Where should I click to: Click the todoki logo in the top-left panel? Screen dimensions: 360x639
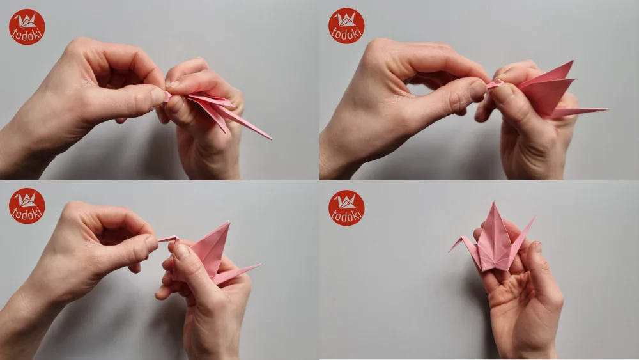coord(27,27)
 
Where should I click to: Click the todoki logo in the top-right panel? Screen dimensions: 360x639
coord(346,26)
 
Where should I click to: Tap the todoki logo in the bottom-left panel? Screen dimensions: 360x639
coord(27,206)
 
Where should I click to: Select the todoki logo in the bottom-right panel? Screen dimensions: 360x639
coord(346,208)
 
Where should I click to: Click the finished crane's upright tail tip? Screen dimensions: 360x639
coord(533,218)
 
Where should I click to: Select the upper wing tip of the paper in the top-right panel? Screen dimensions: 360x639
coord(571,63)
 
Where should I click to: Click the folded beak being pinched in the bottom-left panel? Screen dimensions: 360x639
coord(167,239)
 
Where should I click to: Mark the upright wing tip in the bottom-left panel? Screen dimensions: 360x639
coord(228,223)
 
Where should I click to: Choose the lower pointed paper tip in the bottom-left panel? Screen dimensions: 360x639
coord(259,265)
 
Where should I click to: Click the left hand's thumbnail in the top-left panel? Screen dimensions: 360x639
coord(157,97)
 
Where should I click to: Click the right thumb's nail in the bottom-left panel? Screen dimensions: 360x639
coord(181,251)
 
